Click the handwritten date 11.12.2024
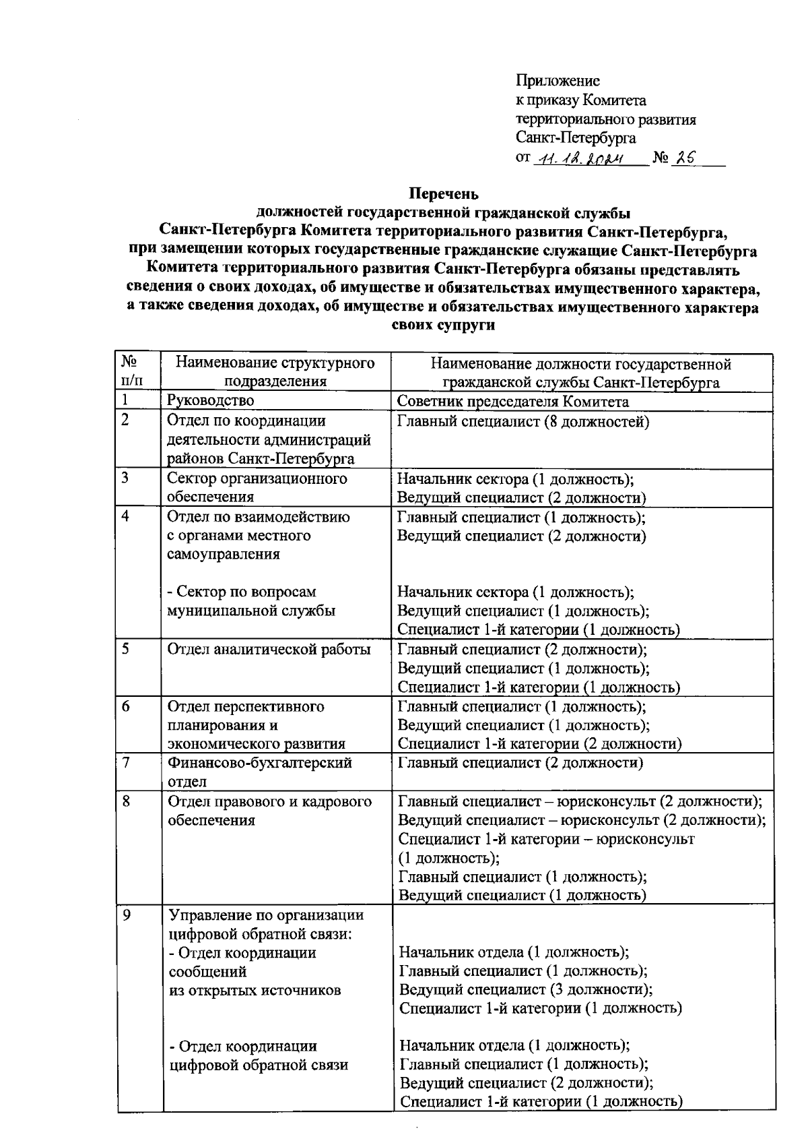pyautogui.click(x=580, y=159)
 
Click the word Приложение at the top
pyautogui.click(x=558, y=82)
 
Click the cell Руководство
pyautogui.click(x=211, y=401)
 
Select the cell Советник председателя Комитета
pyautogui.click(x=513, y=402)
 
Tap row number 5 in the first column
pyautogui.click(x=126, y=649)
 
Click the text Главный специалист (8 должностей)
pyautogui.click(x=523, y=423)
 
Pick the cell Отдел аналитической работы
pyautogui.click(x=269, y=650)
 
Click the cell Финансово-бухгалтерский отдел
pyautogui.click(x=259, y=772)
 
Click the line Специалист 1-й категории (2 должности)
pyautogui.click(x=539, y=744)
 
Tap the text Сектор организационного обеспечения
pyautogui.click(x=257, y=488)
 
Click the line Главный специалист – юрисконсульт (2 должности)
pyautogui.click(x=580, y=801)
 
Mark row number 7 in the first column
pyautogui.click(x=126, y=763)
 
